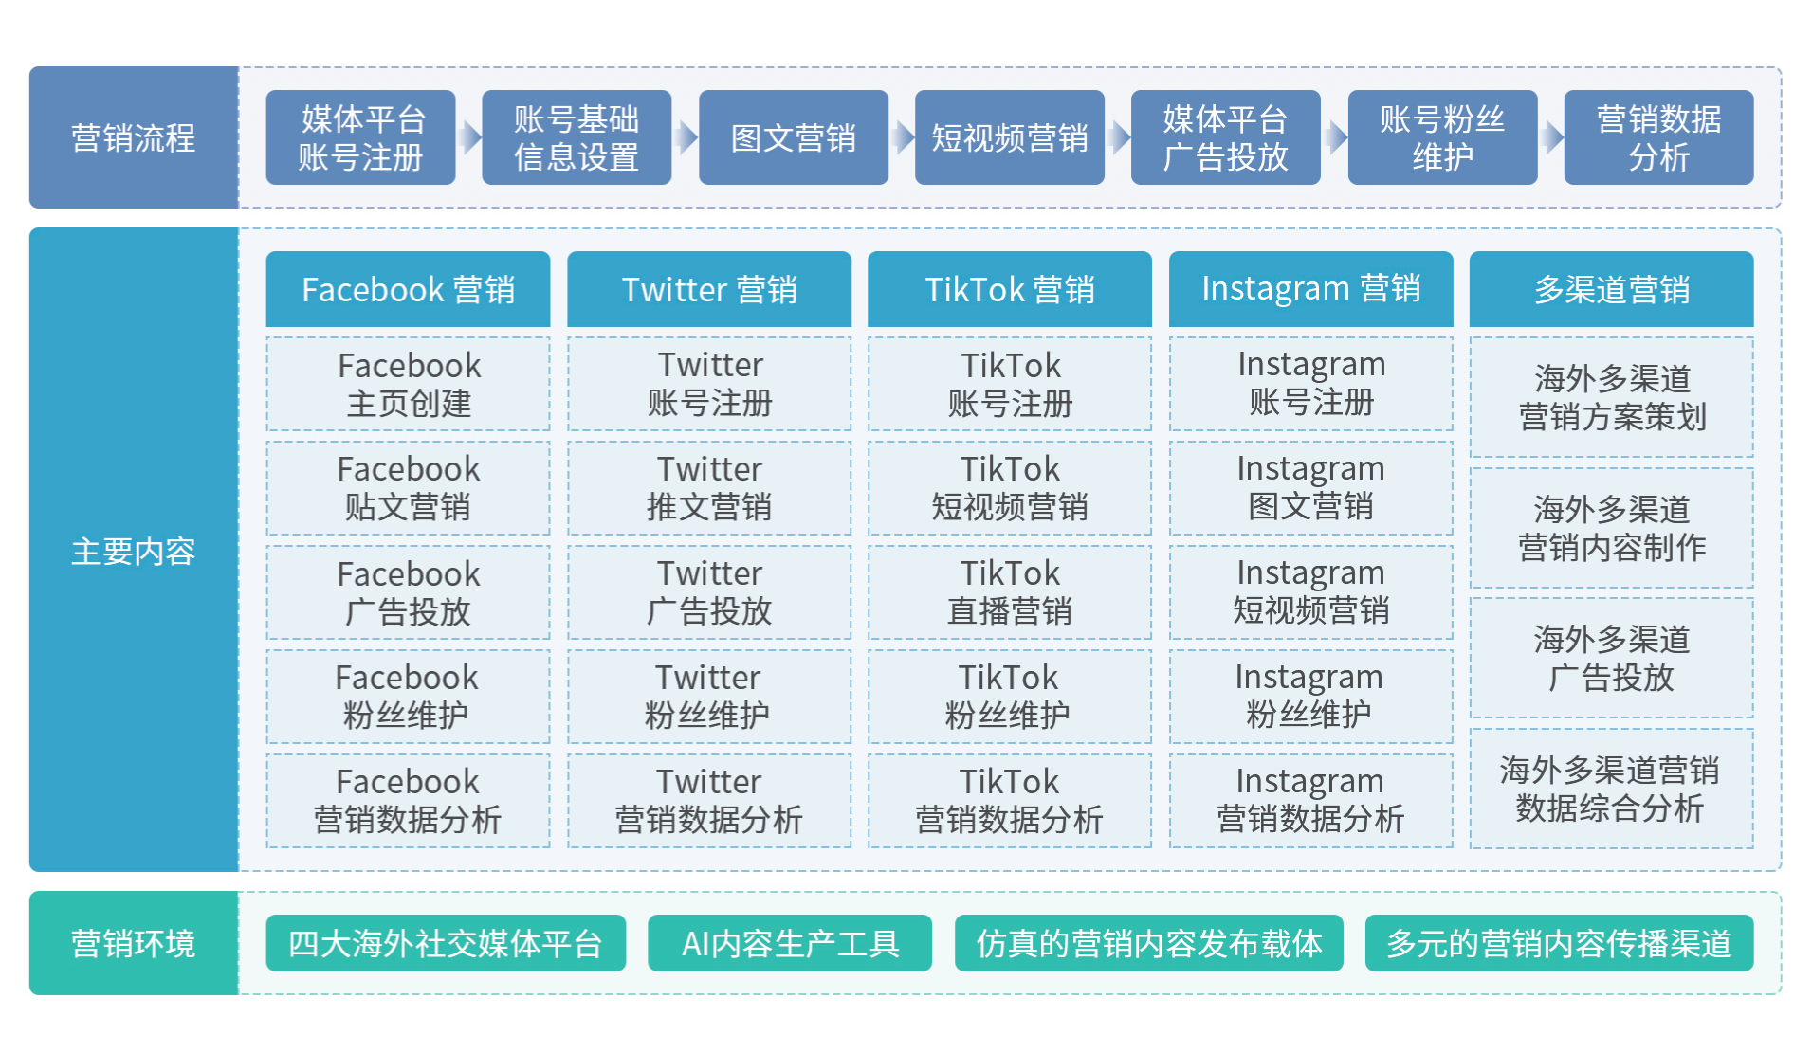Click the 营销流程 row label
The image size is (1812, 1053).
134,137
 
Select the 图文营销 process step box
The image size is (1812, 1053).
793,137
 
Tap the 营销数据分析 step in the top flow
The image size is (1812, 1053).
1658,137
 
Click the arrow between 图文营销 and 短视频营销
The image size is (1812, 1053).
902,137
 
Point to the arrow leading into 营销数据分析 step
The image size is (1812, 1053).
1551,137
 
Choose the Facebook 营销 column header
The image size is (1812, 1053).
408,289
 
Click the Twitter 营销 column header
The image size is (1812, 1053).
709,289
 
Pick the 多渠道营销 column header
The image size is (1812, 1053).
1611,289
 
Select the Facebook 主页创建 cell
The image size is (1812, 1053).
408,384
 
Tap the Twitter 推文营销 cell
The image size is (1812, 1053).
709,488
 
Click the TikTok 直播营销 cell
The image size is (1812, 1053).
1010,592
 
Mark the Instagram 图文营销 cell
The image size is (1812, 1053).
1310,488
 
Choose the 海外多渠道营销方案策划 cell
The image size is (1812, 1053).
1611,397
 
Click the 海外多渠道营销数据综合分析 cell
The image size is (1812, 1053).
1611,789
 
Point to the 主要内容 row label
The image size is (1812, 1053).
134,550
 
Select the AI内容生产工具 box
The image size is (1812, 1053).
789,943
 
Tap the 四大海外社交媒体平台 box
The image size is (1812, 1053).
446,943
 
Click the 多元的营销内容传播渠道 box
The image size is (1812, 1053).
1559,943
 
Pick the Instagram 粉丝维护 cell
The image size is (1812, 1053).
1310,697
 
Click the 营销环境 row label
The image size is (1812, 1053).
134,943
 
